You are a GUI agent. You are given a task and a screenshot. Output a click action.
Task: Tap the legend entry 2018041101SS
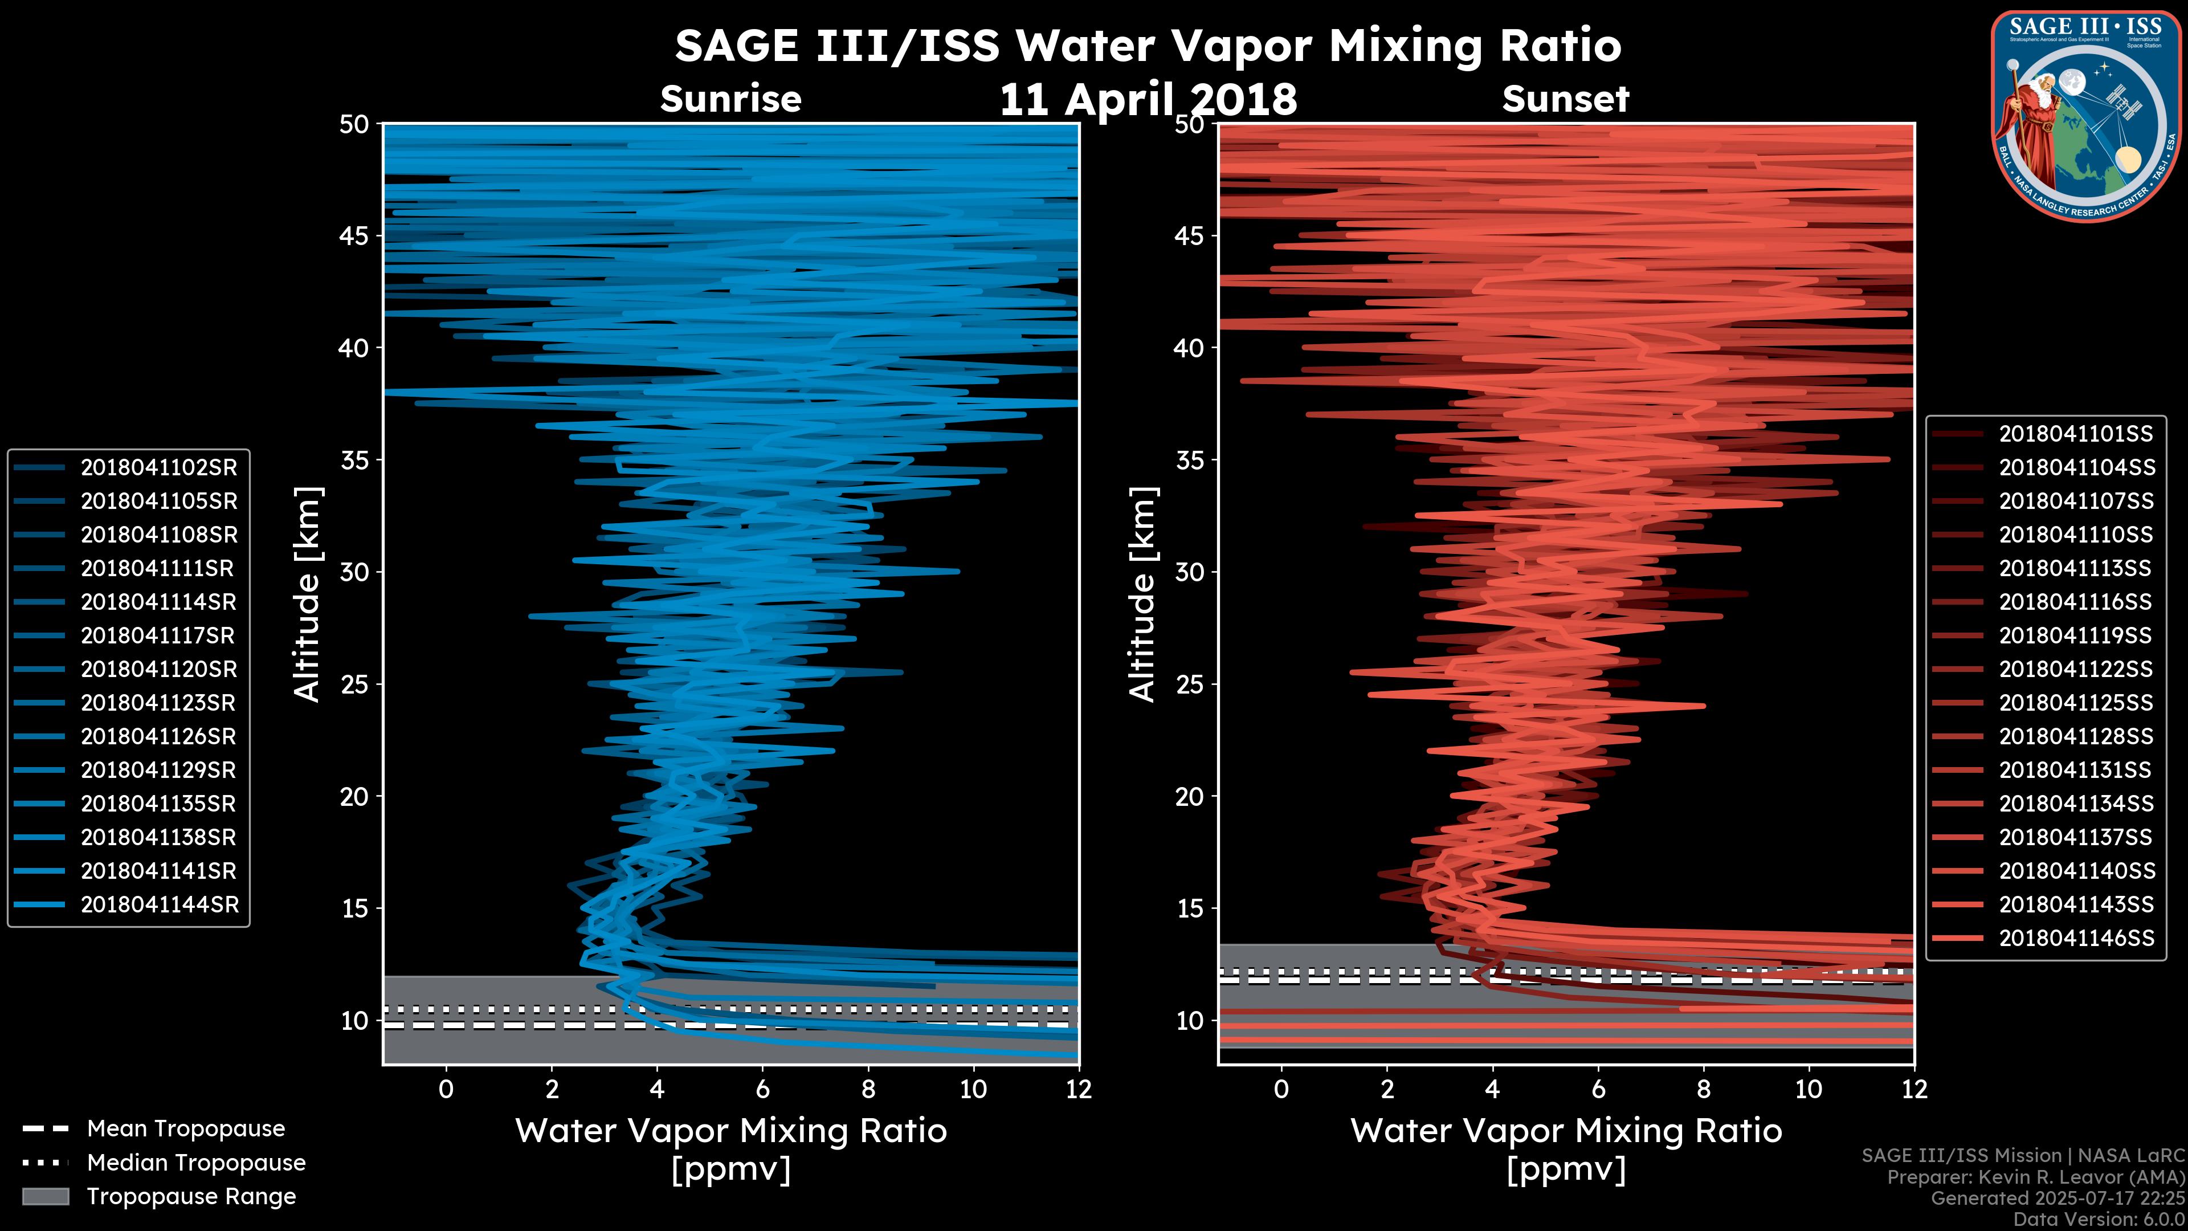2076,434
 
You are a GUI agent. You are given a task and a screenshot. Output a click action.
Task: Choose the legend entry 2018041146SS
2076,938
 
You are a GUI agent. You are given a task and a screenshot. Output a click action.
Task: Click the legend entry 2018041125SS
2076,703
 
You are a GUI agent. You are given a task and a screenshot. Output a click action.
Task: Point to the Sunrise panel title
730,99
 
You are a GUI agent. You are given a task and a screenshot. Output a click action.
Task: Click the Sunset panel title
1565,99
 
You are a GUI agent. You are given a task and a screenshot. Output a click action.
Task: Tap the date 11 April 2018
1148,100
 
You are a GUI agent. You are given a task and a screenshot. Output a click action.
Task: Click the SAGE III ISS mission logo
2086,116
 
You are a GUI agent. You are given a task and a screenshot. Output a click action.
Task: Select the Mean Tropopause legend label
186,1128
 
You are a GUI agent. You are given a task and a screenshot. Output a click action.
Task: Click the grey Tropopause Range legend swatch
46,1196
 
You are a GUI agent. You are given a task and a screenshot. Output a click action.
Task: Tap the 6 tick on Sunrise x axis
762,1089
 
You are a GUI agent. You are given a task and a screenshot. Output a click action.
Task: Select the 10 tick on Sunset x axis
1809,1089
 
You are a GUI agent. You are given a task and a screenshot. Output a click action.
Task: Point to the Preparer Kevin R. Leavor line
2035,1177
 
